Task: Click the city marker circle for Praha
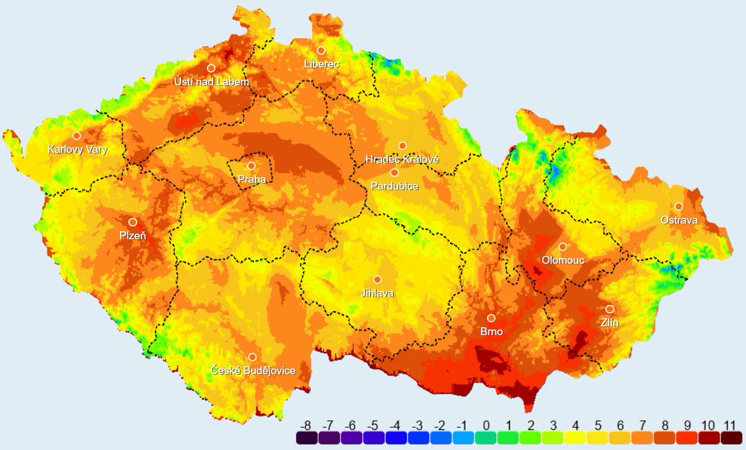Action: click(251, 166)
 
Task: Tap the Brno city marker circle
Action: click(491, 318)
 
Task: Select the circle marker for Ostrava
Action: click(679, 206)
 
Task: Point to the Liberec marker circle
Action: click(321, 50)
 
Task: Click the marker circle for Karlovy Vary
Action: click(76, 135)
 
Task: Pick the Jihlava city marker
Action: click(377, 280)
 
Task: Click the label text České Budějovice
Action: click(252, 371)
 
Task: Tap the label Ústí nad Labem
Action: click(211, 82)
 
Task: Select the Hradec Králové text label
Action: click(402, 160)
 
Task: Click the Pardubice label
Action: click(394, 186)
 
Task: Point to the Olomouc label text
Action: click(563, 260)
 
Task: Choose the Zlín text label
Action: click(609, 323)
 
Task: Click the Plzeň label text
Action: click(132, 236)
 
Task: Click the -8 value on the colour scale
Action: click(305, 426)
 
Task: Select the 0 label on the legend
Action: click(486, 426)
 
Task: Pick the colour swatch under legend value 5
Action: click(598, 439)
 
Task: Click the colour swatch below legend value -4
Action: click(395, 439)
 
